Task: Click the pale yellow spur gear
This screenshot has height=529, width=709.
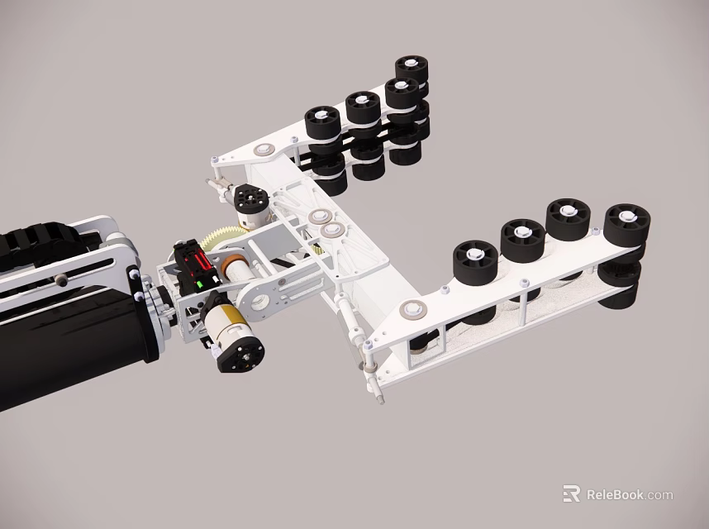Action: [x=225, y=239]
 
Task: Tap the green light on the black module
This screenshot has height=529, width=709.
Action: [x=199, y=286]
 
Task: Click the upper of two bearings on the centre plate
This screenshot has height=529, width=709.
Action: [x=316, y=217]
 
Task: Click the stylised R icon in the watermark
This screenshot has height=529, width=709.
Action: [x=571, y=494]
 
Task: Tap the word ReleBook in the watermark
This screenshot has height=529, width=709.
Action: [x=615, y=495]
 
